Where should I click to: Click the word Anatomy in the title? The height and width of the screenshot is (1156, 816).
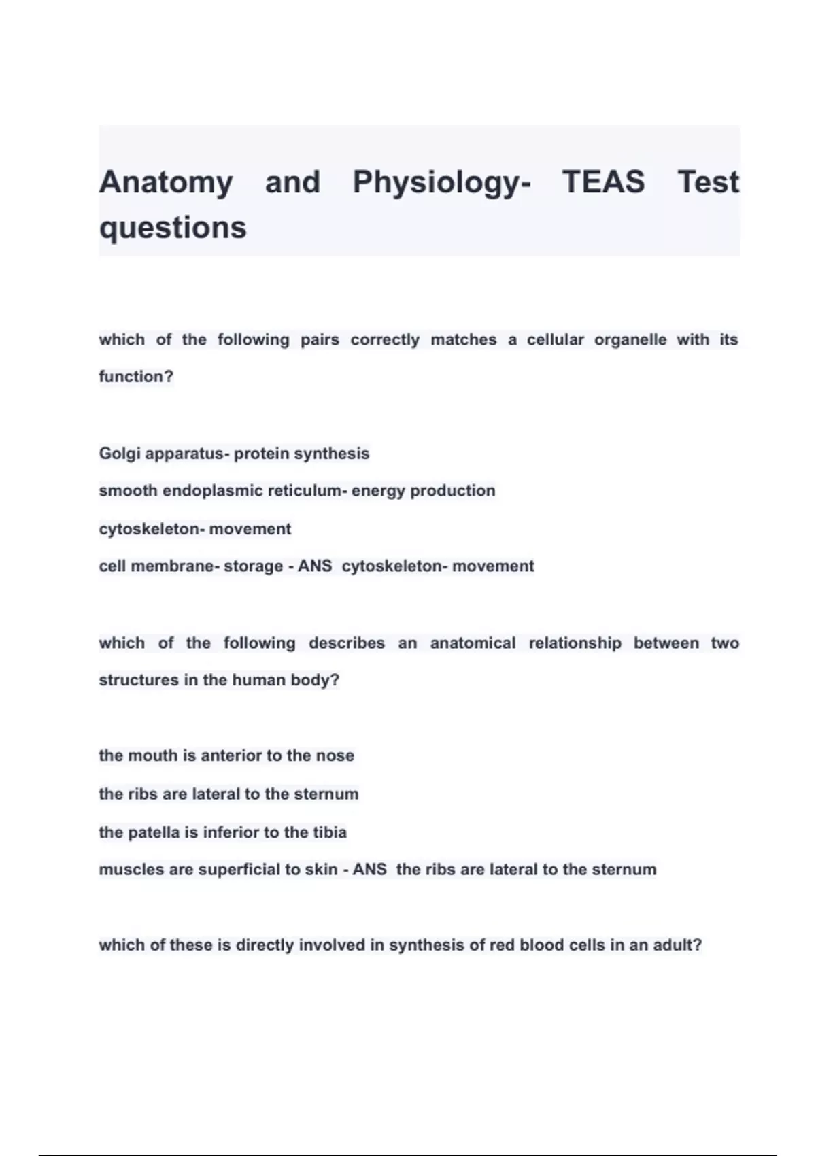166,182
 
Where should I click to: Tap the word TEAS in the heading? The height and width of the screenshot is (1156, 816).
603,182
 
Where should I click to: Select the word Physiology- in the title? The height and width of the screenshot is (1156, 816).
441,182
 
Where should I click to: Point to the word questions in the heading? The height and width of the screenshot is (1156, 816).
173,227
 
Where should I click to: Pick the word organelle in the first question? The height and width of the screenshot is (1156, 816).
630,339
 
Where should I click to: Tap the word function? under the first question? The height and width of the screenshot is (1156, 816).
136,377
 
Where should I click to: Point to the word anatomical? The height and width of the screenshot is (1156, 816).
473,643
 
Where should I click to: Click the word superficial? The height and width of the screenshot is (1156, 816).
239,870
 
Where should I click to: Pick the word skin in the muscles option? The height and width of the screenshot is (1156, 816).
321,870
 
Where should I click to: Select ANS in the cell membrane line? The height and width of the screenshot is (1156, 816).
315,566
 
